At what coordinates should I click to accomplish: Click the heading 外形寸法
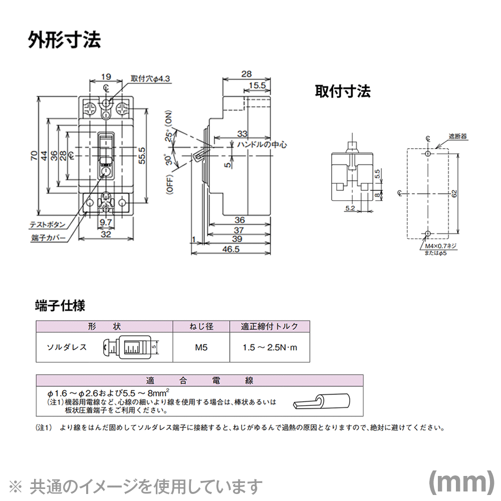point(64,40)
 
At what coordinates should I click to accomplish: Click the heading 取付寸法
point(342,91)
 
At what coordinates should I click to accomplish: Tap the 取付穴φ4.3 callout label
point(151,78)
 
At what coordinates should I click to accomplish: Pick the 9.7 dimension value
point(106,221)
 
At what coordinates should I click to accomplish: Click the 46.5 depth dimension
point(232,249)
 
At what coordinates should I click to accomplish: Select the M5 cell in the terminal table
point(201,347)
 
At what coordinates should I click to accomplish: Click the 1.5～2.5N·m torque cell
point(270,347)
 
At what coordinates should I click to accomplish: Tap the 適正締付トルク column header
point(270,326)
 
